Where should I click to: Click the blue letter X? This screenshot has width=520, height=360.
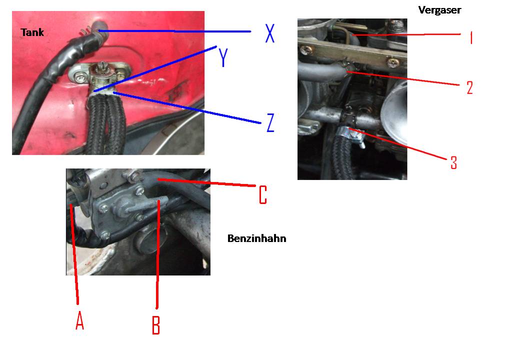tap(270, 33)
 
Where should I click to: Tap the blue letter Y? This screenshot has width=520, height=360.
tap(223, 57)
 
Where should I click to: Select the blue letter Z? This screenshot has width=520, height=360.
tap(270, 122)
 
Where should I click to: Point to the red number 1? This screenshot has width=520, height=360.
tap(471, 37)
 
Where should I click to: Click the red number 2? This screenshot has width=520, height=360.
tap(469, 87)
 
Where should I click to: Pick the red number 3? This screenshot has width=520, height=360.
tap(453, 162)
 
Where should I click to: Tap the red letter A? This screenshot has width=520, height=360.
tap(79, 320)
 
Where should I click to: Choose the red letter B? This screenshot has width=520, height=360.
tap(156, 325)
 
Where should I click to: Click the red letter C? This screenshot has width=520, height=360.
tap(263, 194)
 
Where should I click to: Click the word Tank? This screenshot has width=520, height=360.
tap(32, 32)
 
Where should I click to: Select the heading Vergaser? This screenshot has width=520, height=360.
tap(439, 10)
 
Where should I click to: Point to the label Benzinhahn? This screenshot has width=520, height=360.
tap(256, 238)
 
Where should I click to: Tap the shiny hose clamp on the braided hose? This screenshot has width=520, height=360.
tap(350, 135)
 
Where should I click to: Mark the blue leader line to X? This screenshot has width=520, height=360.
tap(174, 31)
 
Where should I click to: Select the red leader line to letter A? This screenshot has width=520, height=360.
tap(74, 254)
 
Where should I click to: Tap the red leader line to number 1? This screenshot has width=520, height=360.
tap(406, 34)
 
